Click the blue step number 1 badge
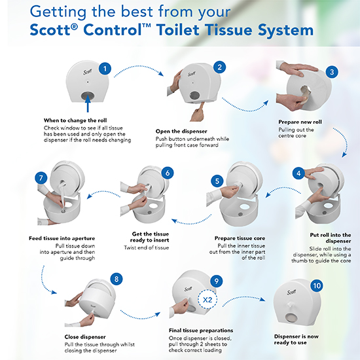pos(105,69)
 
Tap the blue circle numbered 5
pos(217,181)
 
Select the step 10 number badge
pos(317,285)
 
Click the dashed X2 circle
pos(207,299)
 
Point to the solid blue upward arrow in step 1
pos(88,104)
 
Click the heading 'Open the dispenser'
pos(181,132)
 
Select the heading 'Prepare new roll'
pos(300,122)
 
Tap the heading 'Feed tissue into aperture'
pos(62,238)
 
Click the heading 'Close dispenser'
pos(85,337)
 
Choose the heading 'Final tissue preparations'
pos(201,331)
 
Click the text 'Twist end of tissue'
pos(146,247)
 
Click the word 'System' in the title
pos(285,31)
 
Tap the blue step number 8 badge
pos(117,279)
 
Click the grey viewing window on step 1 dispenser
pos(88,96)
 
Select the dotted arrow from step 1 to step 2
pos(139,67)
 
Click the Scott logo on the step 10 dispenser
pos(291,292)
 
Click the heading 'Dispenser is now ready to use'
pos(296,340)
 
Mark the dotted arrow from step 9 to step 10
pos(243,298)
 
